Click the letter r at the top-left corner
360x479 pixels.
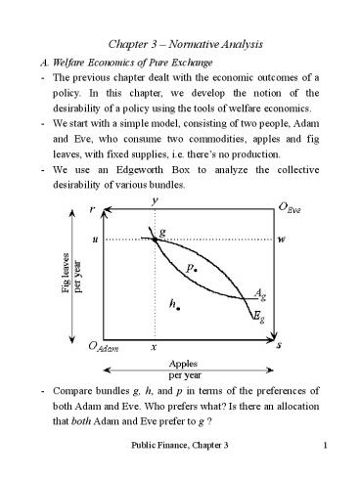click(x=92, y=209)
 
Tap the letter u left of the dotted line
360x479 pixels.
click(x=94, y=239)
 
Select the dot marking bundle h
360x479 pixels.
click(x=178, y=308)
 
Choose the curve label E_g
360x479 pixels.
click(x=256, y=318)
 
